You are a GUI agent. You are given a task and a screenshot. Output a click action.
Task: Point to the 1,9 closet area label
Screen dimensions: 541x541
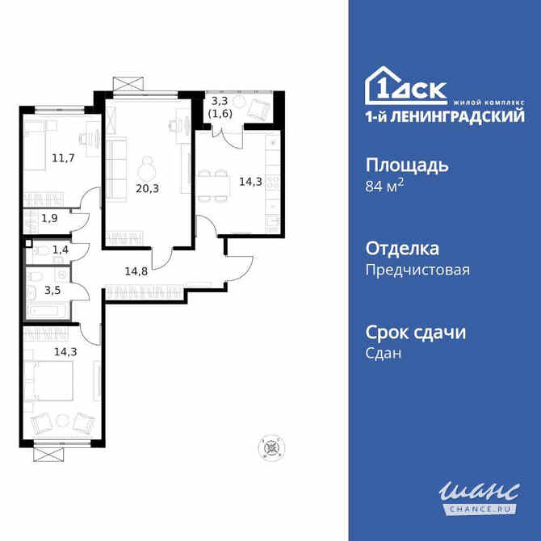(50, 218)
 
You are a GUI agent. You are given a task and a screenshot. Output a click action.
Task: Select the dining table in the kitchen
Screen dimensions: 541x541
(215, 183)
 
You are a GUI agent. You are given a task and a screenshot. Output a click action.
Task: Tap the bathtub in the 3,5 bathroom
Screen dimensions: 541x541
(48, 311)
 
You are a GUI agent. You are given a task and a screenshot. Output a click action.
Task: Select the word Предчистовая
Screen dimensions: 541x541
(417, 270)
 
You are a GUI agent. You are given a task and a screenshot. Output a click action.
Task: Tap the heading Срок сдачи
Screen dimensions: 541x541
(416, 332)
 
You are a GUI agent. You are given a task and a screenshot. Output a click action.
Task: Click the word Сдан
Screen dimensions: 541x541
(384, 354)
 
